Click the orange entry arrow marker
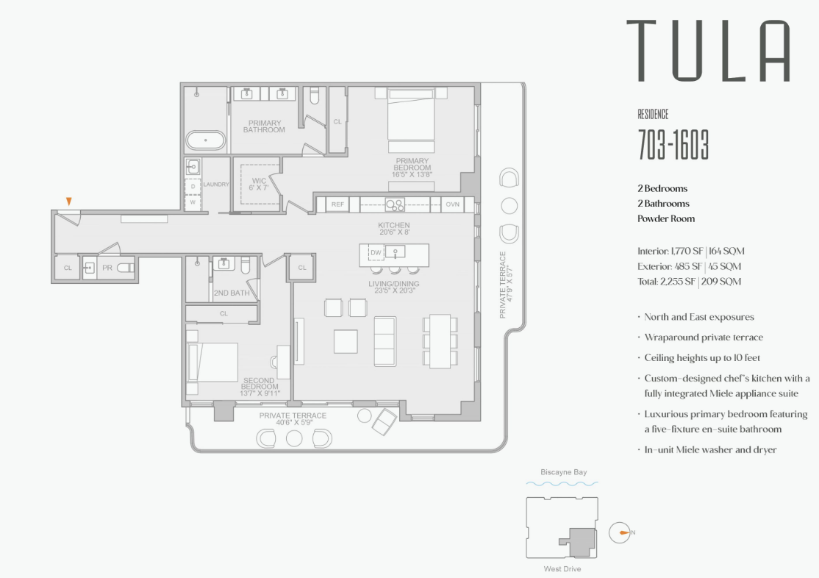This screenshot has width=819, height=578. tap(69, 201)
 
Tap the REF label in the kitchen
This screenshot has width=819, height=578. tap(337, 204)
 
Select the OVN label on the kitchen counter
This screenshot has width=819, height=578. tap(452, 204)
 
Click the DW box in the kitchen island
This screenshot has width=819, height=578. tap(376, 253)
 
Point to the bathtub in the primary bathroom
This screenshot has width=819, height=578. tap(205, 140)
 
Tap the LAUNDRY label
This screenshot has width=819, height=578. tap(216, 185)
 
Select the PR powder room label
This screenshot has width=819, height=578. tap(107, 268)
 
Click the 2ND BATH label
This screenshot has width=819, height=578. tap(231, 293)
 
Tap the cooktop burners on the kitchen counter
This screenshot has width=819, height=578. tap(395, 204)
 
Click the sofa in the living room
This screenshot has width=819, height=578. tap(385, 340)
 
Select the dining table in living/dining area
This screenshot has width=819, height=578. tap(440, 340)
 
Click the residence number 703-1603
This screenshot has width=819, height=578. tap(673, 146)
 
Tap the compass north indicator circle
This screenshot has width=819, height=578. tap(620, 532)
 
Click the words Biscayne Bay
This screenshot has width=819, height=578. tap(563, 472)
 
